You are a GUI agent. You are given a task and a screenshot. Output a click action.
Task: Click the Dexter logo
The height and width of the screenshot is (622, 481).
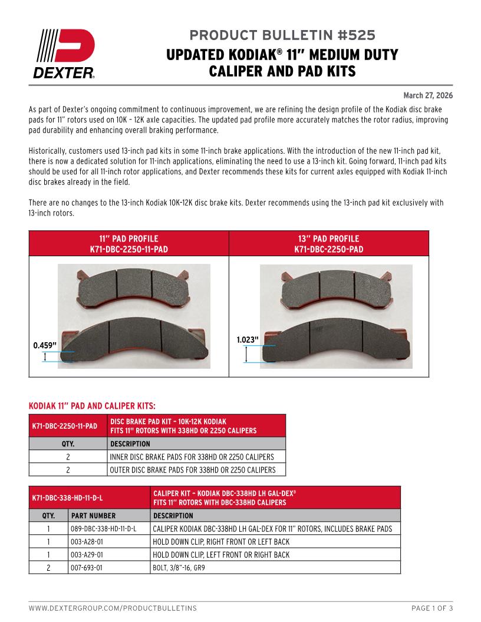coord(65,54)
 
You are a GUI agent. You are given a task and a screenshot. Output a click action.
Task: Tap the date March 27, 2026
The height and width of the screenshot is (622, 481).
coord(428,95)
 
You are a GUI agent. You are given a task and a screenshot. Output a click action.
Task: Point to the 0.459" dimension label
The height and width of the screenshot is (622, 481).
coord(45,345)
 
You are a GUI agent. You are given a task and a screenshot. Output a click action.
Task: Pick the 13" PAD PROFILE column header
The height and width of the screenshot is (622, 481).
coord(328,244)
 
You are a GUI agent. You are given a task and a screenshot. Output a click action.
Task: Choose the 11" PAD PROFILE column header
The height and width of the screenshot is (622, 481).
coord(129,244)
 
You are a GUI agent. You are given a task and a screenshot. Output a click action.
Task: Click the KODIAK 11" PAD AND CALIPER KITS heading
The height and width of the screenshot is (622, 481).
coord(93,406)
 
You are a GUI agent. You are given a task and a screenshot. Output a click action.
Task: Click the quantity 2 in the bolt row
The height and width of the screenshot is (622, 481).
coord(48,568)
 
